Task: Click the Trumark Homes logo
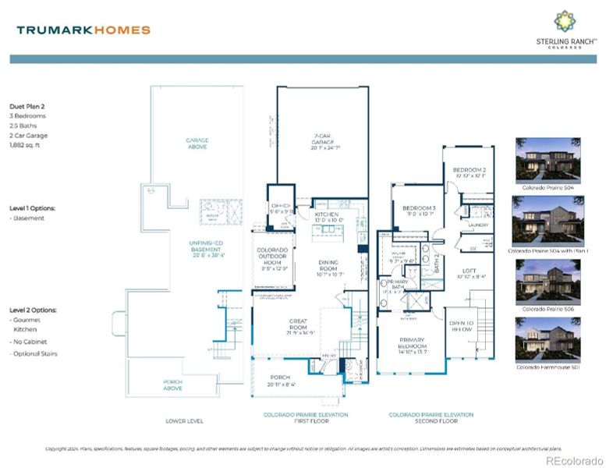pyautogui.click(x=83, y=30)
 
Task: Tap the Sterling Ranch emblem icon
pyautogui.click(x=565, y=21)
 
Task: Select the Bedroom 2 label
pyautogui.click(x=470, y=172)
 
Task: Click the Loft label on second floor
pyautogui.click(x=469, y=272)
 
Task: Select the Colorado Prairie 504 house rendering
pyautogui.click(x=548, y=159)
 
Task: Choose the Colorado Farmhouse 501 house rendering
pyautogui.click(x=548, y=339)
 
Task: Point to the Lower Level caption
pyautogui.click(x=185, y=420)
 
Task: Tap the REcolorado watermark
pyautogui.click(x=573, y=461)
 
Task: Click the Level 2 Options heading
pyautogui.click(x=33, y=310)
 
